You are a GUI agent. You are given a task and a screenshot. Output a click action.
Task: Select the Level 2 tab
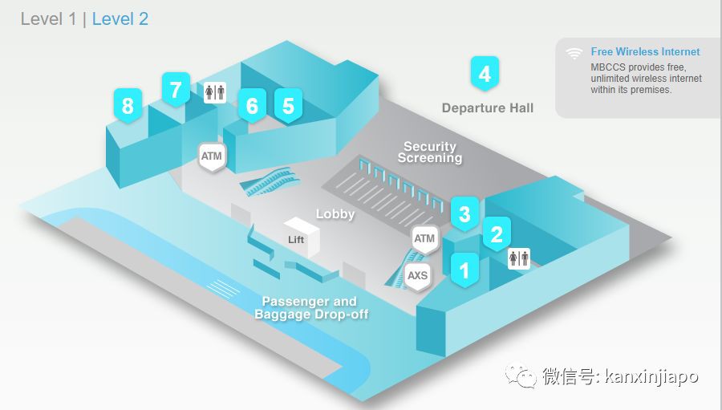tap(120, 19)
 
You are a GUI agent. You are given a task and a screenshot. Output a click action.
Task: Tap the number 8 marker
tap(128, 105)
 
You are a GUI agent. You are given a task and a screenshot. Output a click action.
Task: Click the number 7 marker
tap(176, 88)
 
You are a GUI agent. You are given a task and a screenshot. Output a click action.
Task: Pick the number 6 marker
tap(252, 105)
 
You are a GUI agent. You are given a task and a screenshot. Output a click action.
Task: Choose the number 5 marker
tap(288, 105)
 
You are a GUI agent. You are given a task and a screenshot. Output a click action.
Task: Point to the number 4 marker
tap(485, 75)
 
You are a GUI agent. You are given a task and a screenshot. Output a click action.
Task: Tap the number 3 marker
tap(464, 214)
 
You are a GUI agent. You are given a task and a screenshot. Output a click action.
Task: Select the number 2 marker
tap(497, 234)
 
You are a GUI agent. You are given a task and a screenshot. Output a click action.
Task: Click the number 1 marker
tap(464, 270)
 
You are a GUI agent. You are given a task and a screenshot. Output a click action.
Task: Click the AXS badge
tap(417, 276)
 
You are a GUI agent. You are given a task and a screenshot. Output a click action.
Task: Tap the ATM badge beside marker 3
tap(424, 238)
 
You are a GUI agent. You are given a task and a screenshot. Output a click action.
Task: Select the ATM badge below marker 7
tap(211, 156)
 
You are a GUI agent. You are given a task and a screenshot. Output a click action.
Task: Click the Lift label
tap(296, 239)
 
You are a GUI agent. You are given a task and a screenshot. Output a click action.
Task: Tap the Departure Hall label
tap(487, 108)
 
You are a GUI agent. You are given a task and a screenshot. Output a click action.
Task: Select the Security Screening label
tap(430, 152)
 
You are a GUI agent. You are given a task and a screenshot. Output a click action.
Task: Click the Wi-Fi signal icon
tap(574, 54)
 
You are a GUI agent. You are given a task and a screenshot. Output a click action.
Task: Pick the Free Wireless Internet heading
tap(645, 52)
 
